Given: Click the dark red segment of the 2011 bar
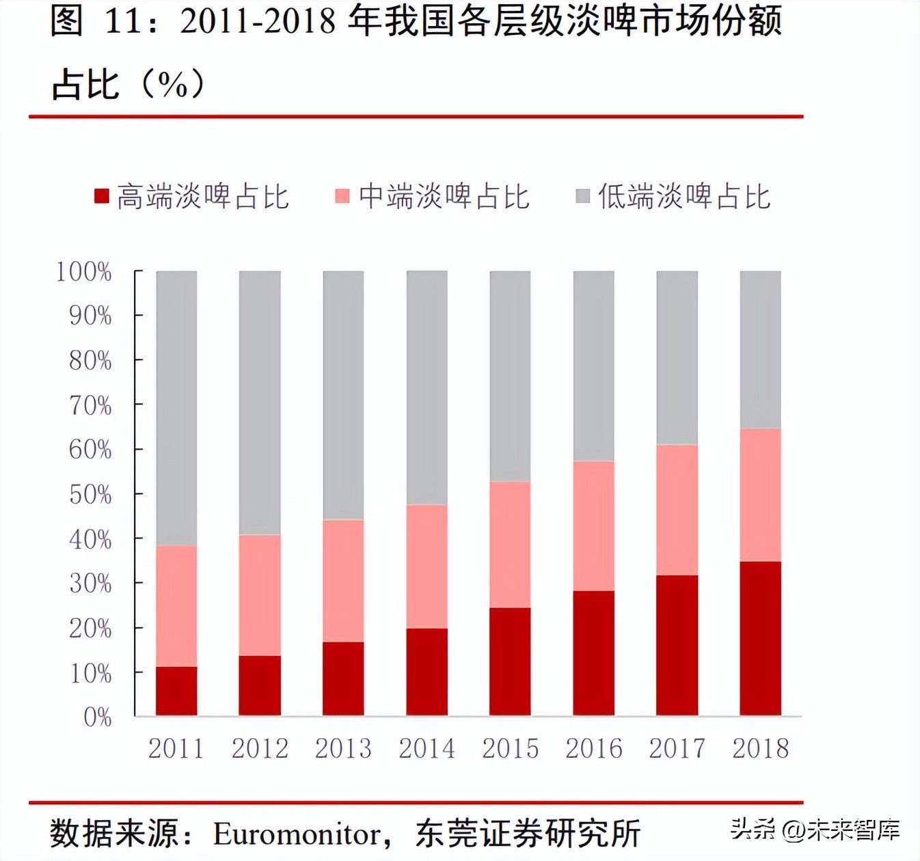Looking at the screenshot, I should click(176, 691).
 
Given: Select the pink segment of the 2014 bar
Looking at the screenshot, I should click(427, 566).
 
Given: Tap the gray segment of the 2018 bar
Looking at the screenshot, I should click(760, 350).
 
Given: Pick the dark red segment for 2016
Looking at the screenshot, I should click(593, 653).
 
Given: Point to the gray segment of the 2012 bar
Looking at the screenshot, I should click(260, 403).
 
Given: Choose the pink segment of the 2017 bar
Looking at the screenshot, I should click(677, 510).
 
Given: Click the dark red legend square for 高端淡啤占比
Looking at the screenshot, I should click(102, 197).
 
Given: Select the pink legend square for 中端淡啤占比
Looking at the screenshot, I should click(342, 197).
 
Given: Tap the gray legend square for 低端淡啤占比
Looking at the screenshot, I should click(582, 197).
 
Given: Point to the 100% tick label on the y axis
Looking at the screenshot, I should click(83, 272).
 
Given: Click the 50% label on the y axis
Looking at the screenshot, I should click(90, 495).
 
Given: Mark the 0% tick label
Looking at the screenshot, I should click(97, 717).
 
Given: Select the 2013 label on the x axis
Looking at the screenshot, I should click(343, 749).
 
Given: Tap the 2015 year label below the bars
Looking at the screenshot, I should click(510, 749).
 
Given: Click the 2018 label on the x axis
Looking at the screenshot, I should click(760, 749).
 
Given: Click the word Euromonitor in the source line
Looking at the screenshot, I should click(297, 834).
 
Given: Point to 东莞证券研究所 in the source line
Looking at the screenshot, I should click(528, 834).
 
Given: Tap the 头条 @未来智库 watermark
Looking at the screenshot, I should click(815, 830).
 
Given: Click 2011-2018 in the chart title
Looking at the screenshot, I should click(258, 22).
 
